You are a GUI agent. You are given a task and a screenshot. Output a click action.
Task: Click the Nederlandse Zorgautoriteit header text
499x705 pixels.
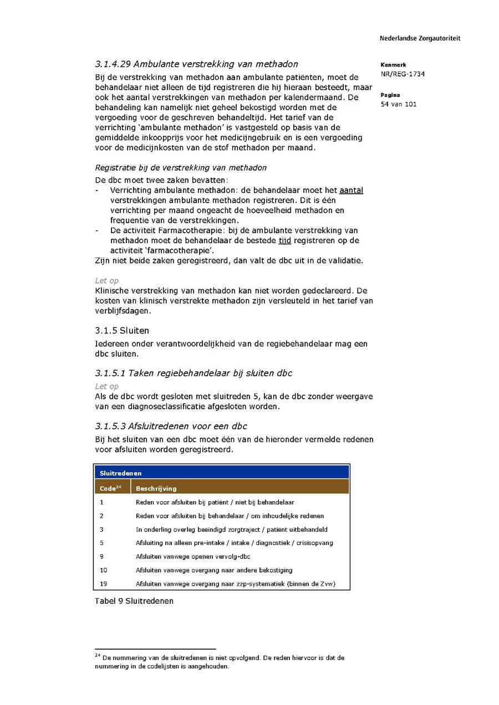point(420,39)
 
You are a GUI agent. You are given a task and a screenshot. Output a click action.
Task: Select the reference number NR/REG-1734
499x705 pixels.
point(403,74)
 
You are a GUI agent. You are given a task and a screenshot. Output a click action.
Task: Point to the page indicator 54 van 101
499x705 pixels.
point(398,104)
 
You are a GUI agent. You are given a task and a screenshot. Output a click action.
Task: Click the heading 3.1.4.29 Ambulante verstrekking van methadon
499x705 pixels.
point(196,64)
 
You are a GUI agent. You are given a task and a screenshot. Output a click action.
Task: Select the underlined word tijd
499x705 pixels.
point(284,240)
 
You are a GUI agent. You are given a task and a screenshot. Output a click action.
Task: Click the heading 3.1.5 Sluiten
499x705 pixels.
point(122,331)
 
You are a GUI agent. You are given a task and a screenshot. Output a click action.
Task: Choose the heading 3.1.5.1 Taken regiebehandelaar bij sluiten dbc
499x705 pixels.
point(194,373)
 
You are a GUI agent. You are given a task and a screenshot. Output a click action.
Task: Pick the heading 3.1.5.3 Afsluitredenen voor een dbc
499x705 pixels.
point(171,426)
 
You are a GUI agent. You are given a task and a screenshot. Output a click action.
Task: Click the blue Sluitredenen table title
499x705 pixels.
point(120,474)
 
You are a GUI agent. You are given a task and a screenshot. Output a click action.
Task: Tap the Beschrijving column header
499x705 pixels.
point(156,488)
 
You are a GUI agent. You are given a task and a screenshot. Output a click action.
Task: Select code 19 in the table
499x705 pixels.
point(104,584)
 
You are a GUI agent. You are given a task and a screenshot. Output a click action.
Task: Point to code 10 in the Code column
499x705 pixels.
point(104,570)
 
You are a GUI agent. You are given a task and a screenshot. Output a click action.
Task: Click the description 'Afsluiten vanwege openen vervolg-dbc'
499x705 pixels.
point(192,557)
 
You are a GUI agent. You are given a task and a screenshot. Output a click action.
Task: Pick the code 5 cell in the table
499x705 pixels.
point(101,543)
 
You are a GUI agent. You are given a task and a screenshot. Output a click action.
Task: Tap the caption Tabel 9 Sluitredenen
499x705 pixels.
point(134,601)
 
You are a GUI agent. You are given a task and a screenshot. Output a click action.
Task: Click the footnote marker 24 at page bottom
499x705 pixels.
point(97,656)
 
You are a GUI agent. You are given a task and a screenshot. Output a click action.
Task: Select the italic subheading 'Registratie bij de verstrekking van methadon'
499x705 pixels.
point(181,168)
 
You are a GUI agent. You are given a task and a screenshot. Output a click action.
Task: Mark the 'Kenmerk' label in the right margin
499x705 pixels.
point(393,65)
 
